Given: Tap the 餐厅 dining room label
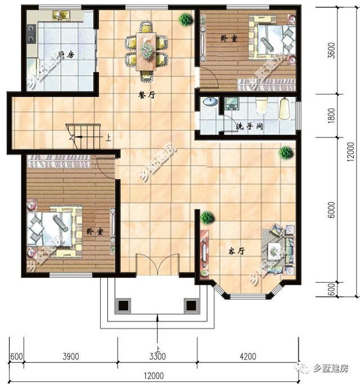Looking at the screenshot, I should pyautogui.click(x=147, y=95).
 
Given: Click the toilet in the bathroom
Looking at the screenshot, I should pyautogui.click(x=261, y=106).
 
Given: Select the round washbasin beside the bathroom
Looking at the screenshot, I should pyautogui.click(x=209, y=102).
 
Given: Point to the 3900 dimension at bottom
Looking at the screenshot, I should pyautogui.click(x=70, y=355).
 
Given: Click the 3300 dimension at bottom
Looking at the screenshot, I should pyautogui.click(x=157, y=355).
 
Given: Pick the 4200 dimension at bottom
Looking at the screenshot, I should pyautogui.click(x=247, y=355).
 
